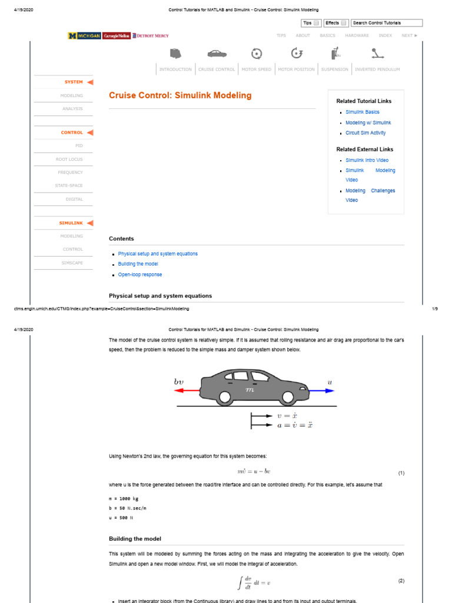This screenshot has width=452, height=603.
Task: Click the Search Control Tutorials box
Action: click(x=387, y=23)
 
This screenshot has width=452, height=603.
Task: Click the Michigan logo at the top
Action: click(x=85, y=36)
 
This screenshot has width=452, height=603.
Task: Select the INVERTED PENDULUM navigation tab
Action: click(x=377, y=69)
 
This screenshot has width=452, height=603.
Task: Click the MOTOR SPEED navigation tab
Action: click(x=256, y=69)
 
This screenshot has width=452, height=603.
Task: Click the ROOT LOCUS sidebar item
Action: click(x=69, y=159)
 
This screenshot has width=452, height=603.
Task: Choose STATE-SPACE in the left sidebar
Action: click(x=70, y=185)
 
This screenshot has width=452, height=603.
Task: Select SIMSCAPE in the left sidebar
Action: click(x=72, y=263)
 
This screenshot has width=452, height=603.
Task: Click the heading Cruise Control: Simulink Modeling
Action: click(x=180, y=95)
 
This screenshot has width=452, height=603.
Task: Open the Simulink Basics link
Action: click(x=362, y=112)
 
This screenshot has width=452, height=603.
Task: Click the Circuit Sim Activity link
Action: click(x=365, y=133)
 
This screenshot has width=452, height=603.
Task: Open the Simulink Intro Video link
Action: click(x=367, y=160)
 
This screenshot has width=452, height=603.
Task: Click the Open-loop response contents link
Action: click(x=139, y=275)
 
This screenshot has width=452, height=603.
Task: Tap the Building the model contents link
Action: click(x=138, y=264)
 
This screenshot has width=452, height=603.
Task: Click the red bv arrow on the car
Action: click(x=188, y=390)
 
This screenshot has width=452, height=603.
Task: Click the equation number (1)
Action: click(x=401, y=473)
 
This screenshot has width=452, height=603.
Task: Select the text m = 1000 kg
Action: click(x=123, y=499)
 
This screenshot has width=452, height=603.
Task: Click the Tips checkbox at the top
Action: click(x=317, y=23)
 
